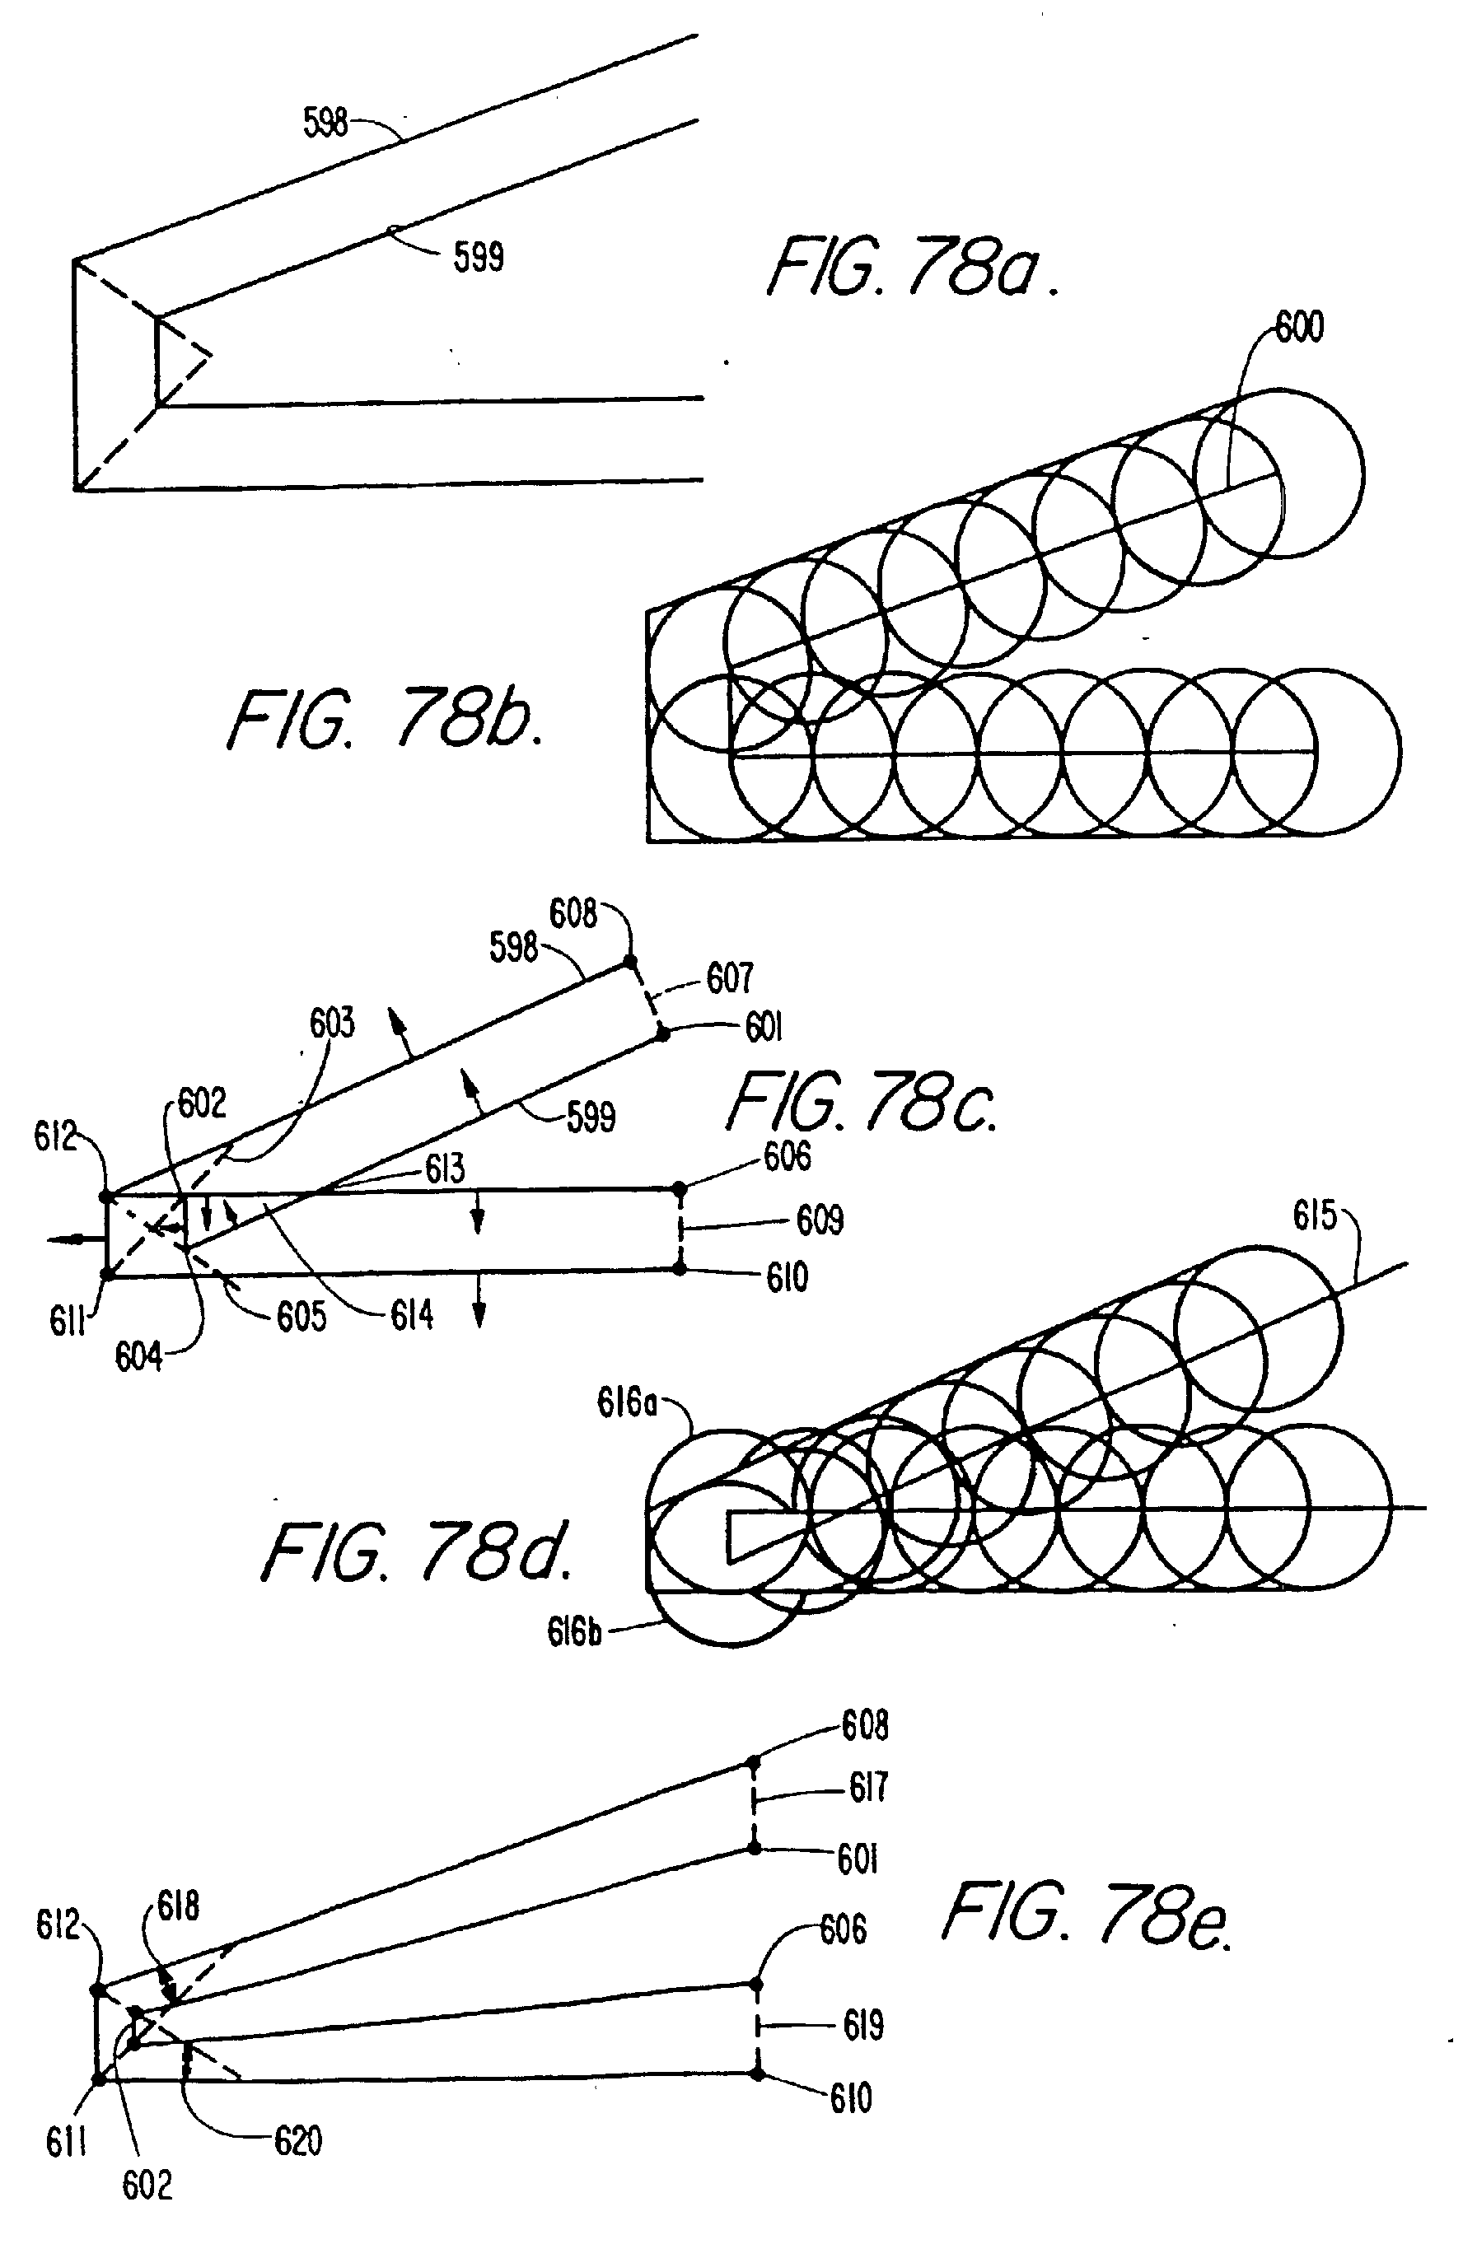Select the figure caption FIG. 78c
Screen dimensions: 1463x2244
[x=861, y=1101]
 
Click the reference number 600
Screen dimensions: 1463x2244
[x=1299, y=326]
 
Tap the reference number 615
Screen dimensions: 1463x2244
[x=1315, y=1216]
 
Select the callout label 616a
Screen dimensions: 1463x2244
[x=626, y=1403]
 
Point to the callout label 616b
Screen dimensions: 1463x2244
[x=574, y=1631]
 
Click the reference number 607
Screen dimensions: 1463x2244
[x=730, y=977]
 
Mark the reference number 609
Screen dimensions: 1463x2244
[x=820, y=1220]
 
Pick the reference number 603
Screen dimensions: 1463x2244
[x=332, y=1023]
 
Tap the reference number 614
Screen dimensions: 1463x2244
[x=412, y=1314]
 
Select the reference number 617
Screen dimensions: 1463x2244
[x=867, y=1787]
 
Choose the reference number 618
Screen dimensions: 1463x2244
[x=178, y=1907]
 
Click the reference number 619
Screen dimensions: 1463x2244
[x=863, y=2025]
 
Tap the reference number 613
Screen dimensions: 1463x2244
[x=444, y=1169]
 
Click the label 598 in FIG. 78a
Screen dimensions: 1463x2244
[x=325, y=123]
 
